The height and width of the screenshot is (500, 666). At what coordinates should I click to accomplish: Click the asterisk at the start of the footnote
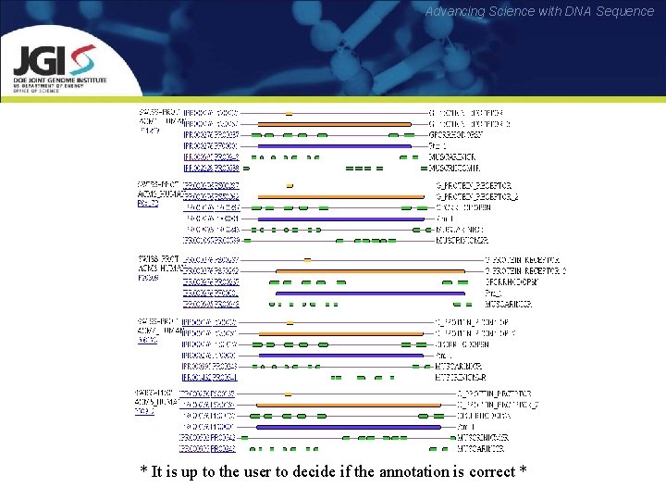point(143,470)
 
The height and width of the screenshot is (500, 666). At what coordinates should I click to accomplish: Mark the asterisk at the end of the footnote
point(524,470)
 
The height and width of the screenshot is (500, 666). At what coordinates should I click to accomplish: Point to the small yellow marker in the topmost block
point(290,112)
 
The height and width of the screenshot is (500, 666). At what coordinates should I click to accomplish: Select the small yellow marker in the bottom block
point(289,394)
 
